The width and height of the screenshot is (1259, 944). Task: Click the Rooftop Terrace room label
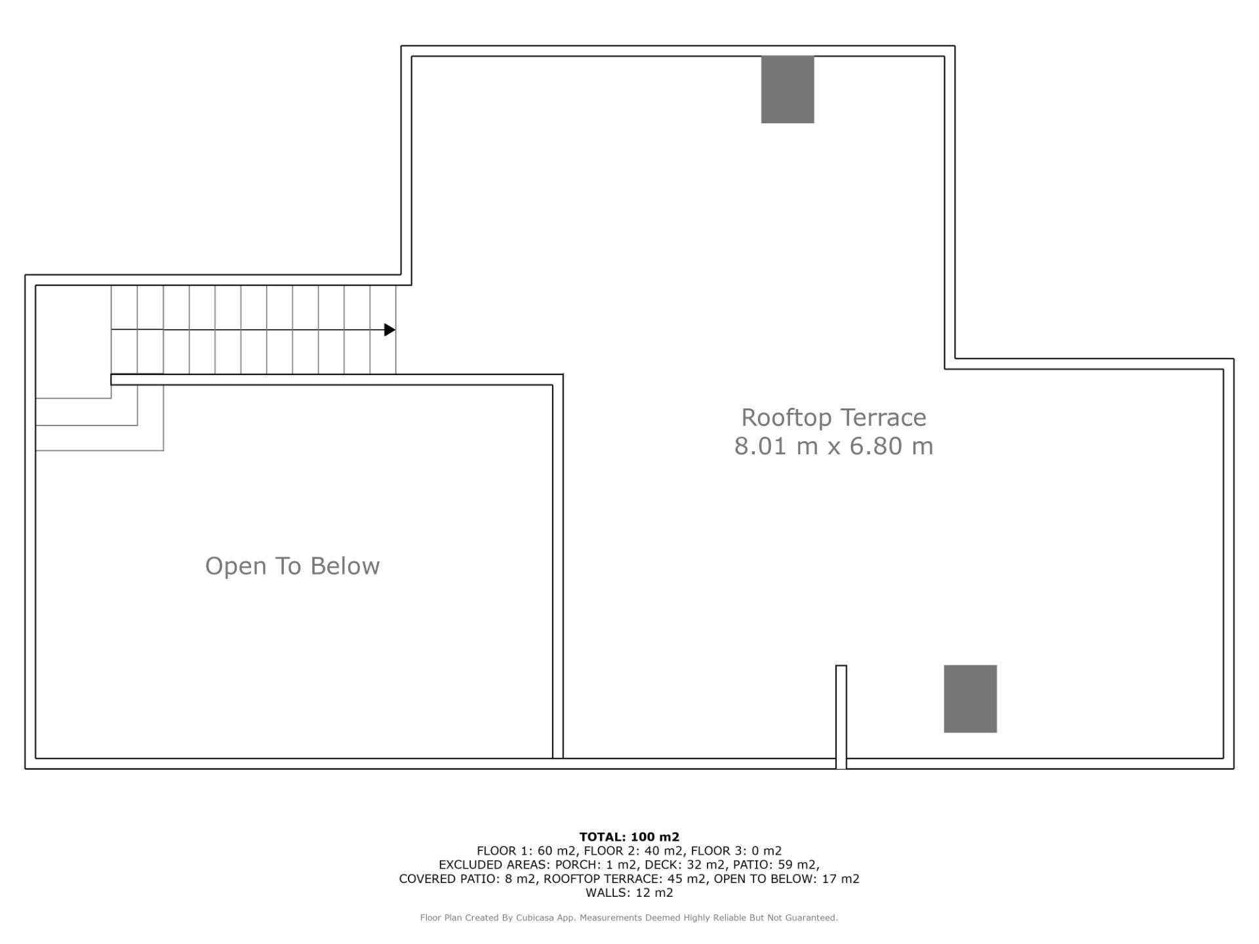click(833, 418)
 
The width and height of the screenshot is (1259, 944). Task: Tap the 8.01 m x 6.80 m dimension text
click(833, 446)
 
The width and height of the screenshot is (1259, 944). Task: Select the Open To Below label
click(292, 566)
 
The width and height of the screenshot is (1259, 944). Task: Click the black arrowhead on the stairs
click(390, 330)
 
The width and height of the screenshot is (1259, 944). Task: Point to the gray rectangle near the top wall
click(788, 89)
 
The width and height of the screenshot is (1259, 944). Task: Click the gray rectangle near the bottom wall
click(970, 699)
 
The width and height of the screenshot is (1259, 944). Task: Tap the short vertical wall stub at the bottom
click(841, 717)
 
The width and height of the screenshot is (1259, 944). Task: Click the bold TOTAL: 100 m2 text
click(629, 837)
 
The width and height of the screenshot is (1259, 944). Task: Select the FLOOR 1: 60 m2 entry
click(526, 851)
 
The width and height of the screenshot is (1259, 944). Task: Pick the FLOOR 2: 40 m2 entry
click(633, 851)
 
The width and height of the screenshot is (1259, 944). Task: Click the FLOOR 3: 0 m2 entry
click(736, 851)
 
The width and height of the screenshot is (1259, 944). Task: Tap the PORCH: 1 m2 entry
click(595, 865)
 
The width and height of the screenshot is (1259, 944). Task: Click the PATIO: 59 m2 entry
click(776, 865)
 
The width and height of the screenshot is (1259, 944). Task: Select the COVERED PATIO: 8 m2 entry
click(468, 879)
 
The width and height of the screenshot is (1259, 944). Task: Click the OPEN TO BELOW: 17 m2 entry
click(787, 879)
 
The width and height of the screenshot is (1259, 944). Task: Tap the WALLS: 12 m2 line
click(629, 893)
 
